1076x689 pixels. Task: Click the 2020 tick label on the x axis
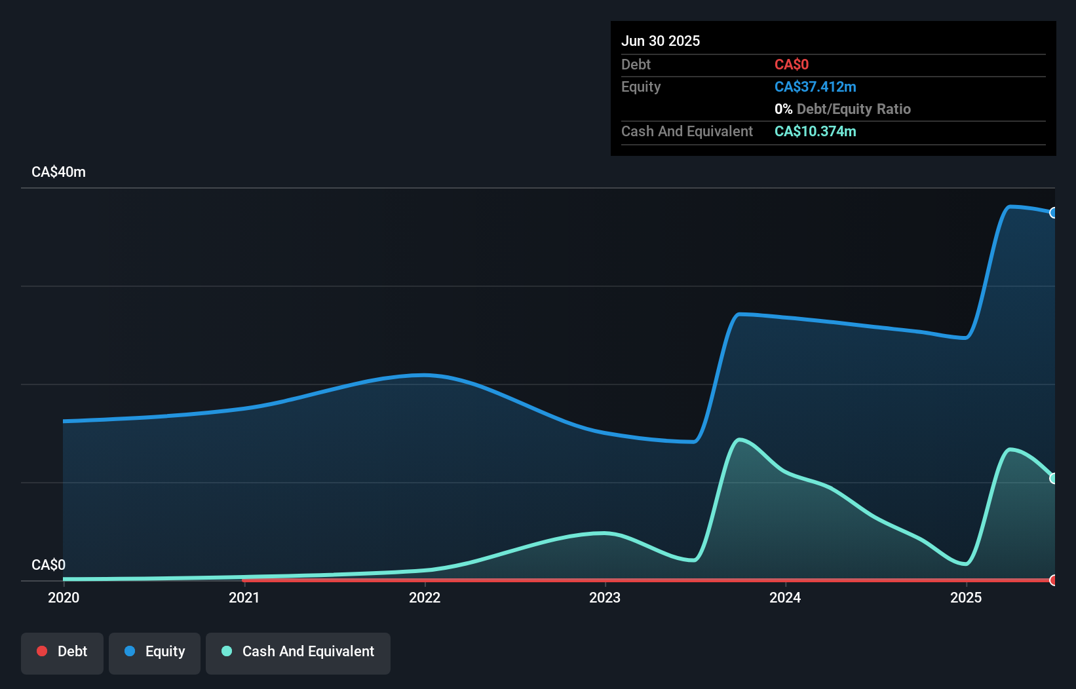pyautogui.click(x=64, y=597)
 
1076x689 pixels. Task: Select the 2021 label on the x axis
pyautogui.click(x=244, y=597)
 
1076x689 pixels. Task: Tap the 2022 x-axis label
pyautogui.click(x=425, y=597)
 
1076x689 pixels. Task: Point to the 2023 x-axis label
pyautogui.click(x=605, y=597)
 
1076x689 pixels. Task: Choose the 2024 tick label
pyautogui.click(x=785, y=597)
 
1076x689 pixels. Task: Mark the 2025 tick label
pyautogui.click(x=966, y=597)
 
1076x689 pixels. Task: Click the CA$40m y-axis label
pyautogui.click(x=58, y=172)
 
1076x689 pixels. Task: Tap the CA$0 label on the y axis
pyautogui.click(x=48, y=565)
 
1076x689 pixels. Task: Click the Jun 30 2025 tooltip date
pyautogui.click(x=661, y=41)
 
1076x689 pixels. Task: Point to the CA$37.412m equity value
pyautogui.click(x=815, y=87)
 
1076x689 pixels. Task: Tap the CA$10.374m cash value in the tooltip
pyautogui.click(x=815, y=132)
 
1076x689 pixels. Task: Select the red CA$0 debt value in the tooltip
pyautogui.click(x=792, y=64)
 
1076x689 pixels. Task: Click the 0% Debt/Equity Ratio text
pyautogui.click(x=843, y=109)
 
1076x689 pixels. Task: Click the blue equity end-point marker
pyautogui.click(x=1054, y=213)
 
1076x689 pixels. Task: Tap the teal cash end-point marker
pyautogui.click(x=1054, y=478)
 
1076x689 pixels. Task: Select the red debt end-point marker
pyautogui.click(x=1054, y=580)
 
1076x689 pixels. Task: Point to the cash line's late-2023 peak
pyautogui.click(x=740, y=439)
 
